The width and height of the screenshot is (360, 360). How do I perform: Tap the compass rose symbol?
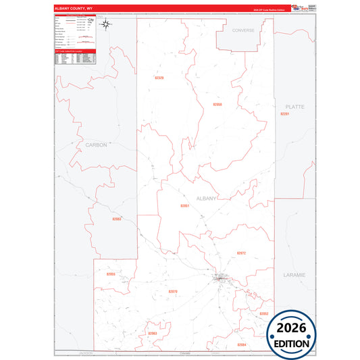[106, 25]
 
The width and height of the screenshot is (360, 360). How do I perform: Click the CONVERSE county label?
[243, 31]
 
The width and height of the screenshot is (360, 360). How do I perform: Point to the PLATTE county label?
[295, 107]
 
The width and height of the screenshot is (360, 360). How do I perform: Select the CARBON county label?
[97, 145]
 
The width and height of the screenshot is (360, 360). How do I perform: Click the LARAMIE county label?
[295, 275]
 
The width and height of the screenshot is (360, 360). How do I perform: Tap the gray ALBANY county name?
[206, 198]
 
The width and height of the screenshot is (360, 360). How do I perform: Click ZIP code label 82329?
[159, 78]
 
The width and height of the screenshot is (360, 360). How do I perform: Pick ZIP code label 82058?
[217, 105]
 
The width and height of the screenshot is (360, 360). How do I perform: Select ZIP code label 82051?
[184, 205]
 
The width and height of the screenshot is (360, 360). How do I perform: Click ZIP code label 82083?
[117, 219]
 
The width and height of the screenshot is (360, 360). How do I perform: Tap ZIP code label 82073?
[241, 253]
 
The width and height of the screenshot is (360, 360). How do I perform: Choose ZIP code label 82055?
[111, 274]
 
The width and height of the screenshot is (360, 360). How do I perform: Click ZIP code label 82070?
[172, 291]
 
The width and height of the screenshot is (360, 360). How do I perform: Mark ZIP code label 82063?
[152, 334]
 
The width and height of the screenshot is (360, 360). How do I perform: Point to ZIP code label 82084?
[241, 344]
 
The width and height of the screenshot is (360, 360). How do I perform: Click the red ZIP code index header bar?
[74, 51]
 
